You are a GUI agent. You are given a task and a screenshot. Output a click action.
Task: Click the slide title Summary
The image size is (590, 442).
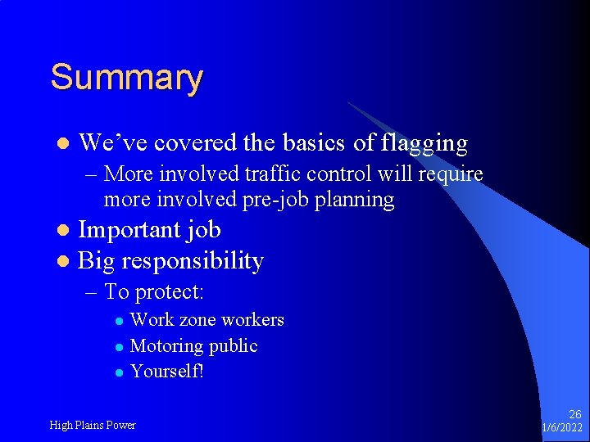click(x=126, y=79)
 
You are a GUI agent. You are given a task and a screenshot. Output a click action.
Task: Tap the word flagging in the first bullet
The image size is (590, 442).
click(x=424, y=144)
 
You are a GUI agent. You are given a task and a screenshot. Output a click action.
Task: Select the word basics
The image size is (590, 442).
click(x=314, y=143)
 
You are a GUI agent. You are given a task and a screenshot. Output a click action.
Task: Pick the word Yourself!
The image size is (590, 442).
click(x=166, y=372)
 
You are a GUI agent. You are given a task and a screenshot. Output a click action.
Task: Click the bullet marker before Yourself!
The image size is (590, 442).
click(x=119, y=372)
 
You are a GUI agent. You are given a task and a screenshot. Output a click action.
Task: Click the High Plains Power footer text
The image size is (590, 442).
click(x=93, y=425)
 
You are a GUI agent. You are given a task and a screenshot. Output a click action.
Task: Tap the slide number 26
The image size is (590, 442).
click(x=575, y=415)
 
